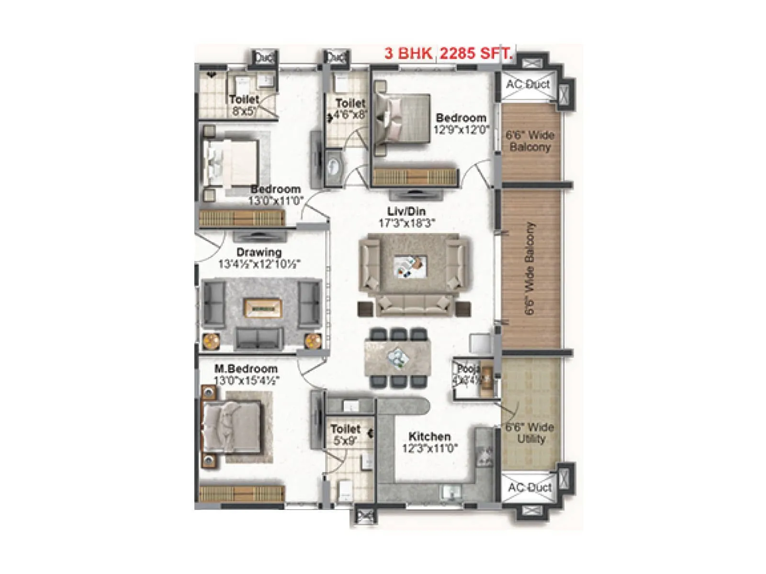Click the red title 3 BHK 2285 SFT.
pos(448,53)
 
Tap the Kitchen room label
pos(429,436)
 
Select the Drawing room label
pos(259,252)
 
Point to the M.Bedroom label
pos(246,369)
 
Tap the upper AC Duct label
pos(528,85)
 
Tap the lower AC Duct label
pos(529,487)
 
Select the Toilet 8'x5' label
pos(244,99)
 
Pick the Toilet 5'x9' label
pos(345,429)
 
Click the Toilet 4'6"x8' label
pos(350,103)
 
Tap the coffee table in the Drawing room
pos(263,308)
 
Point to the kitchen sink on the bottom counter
pos(450,491)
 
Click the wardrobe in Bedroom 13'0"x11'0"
pos(241,219)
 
